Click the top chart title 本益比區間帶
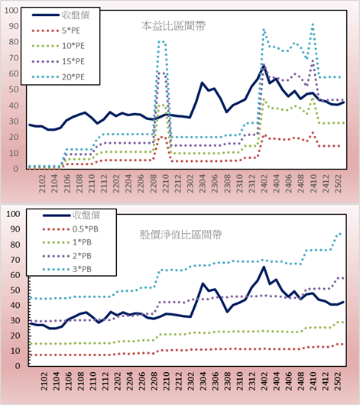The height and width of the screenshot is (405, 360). click(174, 26)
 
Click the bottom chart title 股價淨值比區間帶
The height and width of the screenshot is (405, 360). click(180, 235)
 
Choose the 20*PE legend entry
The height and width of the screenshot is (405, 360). click(58, 77)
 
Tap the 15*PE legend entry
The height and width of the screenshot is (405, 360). click(58, 61)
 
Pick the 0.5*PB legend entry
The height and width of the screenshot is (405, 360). click(70, 229)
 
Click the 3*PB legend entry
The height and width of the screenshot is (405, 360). click(67, 269)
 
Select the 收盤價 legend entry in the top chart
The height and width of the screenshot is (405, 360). click(60, 15)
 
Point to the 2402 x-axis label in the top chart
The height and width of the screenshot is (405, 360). click(264, 183)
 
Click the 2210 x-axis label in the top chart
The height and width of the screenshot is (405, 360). click(165, 183)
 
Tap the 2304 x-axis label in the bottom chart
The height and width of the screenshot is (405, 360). click(203, 381)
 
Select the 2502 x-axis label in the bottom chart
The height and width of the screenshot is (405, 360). click(338, 381)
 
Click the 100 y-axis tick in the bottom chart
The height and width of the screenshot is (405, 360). click(13, 214)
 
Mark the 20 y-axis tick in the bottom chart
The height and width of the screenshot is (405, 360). click(15, 335)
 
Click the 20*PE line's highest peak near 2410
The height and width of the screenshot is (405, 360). click(313, 24)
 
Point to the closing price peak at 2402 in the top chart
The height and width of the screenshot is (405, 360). click(264, 66)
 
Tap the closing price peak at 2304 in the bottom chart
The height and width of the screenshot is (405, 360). click(203, 283)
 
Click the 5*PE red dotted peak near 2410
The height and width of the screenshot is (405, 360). click(313, 133)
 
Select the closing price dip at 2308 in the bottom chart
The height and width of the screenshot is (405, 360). click(227, 312)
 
